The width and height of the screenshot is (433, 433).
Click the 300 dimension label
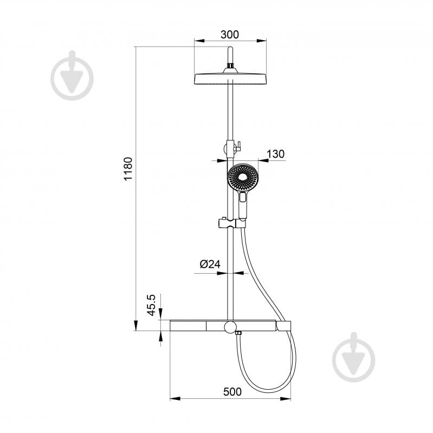(230, 35)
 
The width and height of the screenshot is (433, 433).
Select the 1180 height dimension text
(128, 169)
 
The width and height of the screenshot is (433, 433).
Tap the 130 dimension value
(275, 154)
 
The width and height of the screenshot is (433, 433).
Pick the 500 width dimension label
(231, 392)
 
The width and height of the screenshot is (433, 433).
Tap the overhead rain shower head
(230, 79)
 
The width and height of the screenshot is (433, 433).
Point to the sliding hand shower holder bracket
(226, 223)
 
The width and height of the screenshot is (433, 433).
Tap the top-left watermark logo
(72, 76)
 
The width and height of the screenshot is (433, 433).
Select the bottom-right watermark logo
(353, 358)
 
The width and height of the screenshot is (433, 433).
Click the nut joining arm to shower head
(230, 67)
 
